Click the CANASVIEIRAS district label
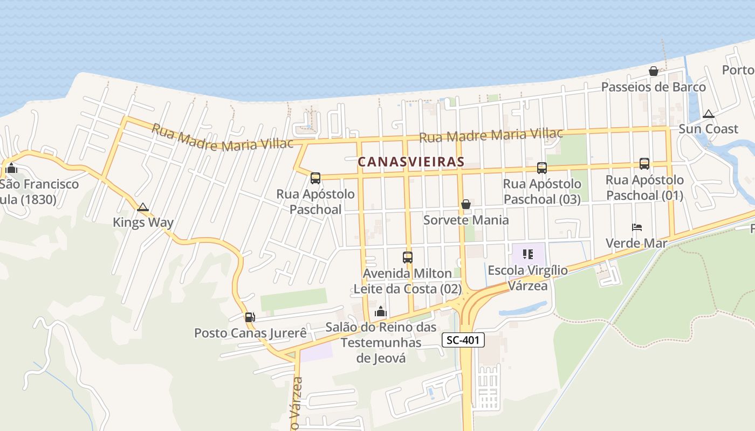click(x=411, y=162)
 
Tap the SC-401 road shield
click(x=463, y=340)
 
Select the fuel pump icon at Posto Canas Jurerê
click(x=250, y=317)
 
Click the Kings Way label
click(x=143, y=223)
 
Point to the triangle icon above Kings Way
click(x=143, y=207)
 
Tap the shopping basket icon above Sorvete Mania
click(x=466, y=204)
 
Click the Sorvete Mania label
click(x=466, y=220)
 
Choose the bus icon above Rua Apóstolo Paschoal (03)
click(x=542, y=168)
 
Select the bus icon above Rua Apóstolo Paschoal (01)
click(x=644, y=164)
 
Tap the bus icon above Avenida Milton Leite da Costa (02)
click(x=408, y=258)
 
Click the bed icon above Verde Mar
click(x=637, y=227)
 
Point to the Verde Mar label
click(x=636, y=243)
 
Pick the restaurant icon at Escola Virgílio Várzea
click(x=527, y=254)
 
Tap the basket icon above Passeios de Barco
click(x=654, y=71)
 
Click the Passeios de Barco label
click(x=654, y=87)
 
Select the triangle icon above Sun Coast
click(x=709, y=114)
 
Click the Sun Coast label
click(x=709, y=129)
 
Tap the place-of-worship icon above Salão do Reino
click(x=381, y=311)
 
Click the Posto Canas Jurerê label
click(x=250, y=333)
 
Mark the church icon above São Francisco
click(x=12, y=169)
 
